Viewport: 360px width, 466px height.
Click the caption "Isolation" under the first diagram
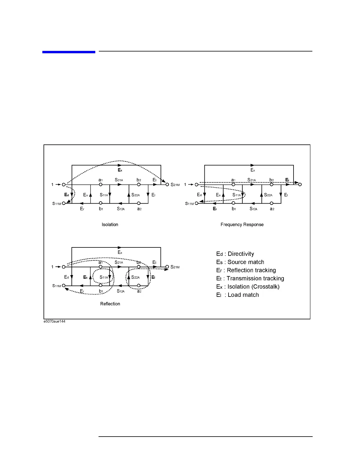(x=110, y=224)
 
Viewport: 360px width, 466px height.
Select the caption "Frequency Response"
(x=242, y=224)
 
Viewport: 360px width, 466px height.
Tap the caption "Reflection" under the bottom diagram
(x=110, y=304)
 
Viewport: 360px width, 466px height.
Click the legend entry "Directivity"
(x=235, y=254)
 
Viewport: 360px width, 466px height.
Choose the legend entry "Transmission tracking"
(x=250, y=279)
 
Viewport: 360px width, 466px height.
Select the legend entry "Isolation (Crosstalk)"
(x=248, y=287)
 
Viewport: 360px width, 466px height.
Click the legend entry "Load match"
(x=238, y=295)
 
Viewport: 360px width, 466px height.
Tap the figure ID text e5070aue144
(x=54, y=321)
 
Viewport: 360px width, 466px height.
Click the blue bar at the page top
(x=69, y=52)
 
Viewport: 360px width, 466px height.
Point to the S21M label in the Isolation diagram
(x=175, y=185)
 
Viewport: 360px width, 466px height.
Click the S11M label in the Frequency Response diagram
(x=189, y=204)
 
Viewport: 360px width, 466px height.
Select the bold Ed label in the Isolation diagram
(x=66, y=195)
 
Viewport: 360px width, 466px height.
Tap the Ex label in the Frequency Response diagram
(x=253, y=170)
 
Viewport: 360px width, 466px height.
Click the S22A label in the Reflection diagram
(x=135, y=277)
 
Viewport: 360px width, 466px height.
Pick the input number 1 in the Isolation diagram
(x=53, y=184)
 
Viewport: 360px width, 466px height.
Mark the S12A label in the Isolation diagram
(x=121, y=209)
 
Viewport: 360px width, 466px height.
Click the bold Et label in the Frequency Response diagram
(x=287, y=180)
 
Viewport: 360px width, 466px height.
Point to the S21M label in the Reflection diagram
(x=175, y=267)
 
